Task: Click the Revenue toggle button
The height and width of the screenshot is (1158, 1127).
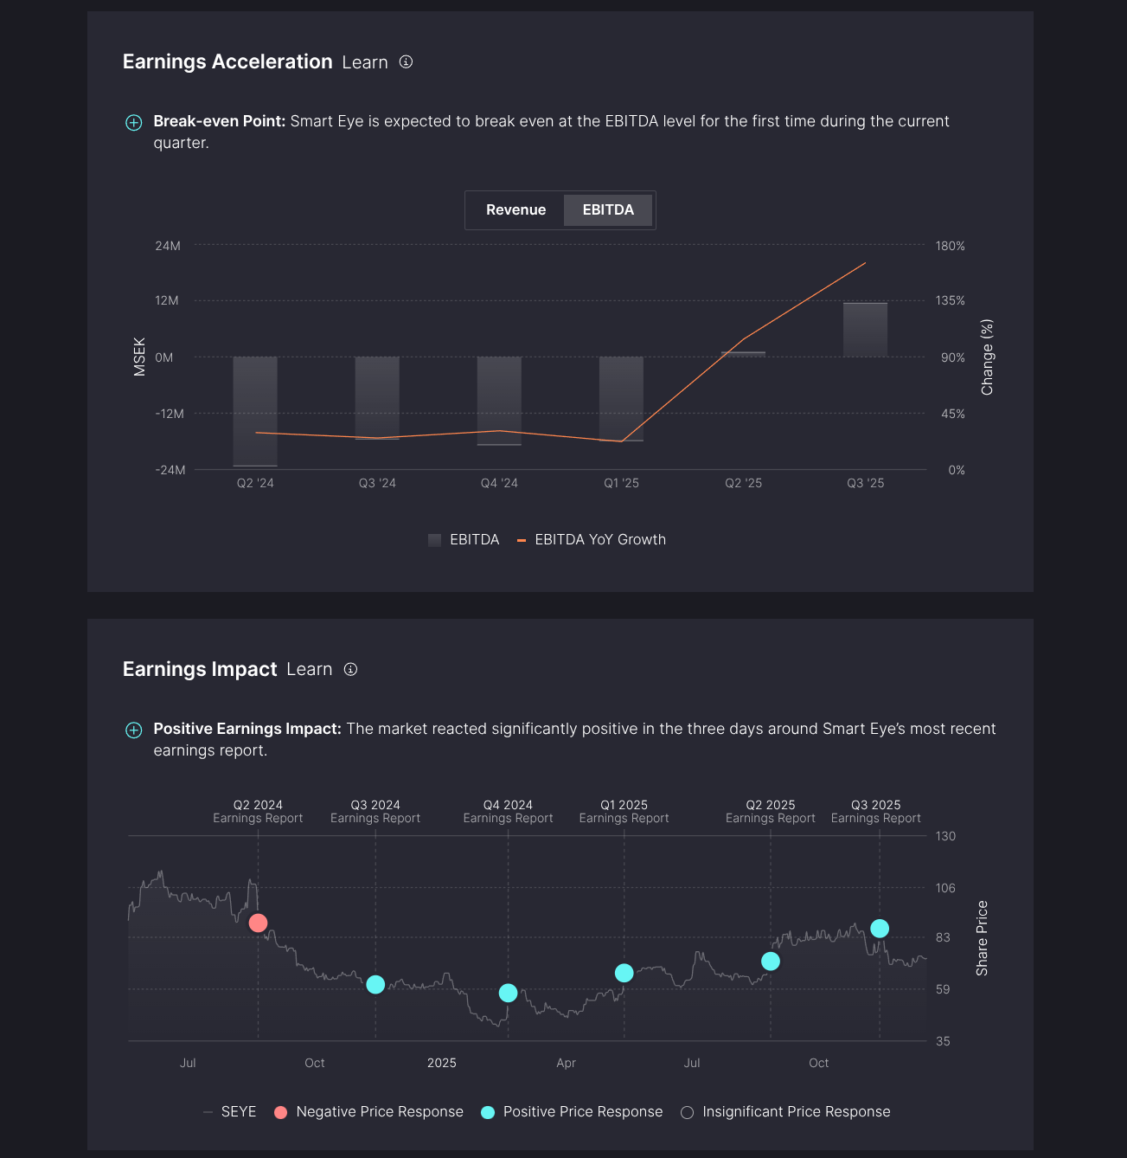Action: (x=515, y=210)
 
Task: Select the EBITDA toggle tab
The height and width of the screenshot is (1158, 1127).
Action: (x=608, y=210)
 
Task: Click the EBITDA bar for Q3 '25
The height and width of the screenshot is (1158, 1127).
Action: (x=865, y=330)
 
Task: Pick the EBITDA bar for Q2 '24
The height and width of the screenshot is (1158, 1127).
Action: (x=255, y=411)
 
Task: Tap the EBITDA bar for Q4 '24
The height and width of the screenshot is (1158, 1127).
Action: (x=499, y=401)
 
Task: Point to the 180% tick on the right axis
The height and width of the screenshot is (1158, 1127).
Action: (x=950, y=247)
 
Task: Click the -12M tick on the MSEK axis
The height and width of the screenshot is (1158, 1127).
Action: (x=170, y=414)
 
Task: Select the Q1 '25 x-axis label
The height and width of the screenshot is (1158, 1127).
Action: (x=621, y=483)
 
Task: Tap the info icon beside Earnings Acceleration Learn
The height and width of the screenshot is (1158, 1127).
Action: (x=406, y=62)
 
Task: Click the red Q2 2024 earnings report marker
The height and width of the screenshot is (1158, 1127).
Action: (x=258, y=923)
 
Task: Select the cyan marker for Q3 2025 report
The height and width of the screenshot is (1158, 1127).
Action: (x=880, y=929)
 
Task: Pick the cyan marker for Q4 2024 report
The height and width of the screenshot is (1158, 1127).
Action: (x=509, y=994)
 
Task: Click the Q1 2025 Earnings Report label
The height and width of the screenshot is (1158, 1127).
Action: (x=624, y=812)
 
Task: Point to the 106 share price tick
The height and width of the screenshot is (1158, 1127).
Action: (x=945, y=888)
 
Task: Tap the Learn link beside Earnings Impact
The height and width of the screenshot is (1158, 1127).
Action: (x=310, y=670)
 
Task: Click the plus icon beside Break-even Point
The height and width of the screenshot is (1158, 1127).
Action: (x=134, y=123)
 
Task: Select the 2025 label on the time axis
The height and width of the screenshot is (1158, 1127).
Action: (x=441, y=1063)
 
